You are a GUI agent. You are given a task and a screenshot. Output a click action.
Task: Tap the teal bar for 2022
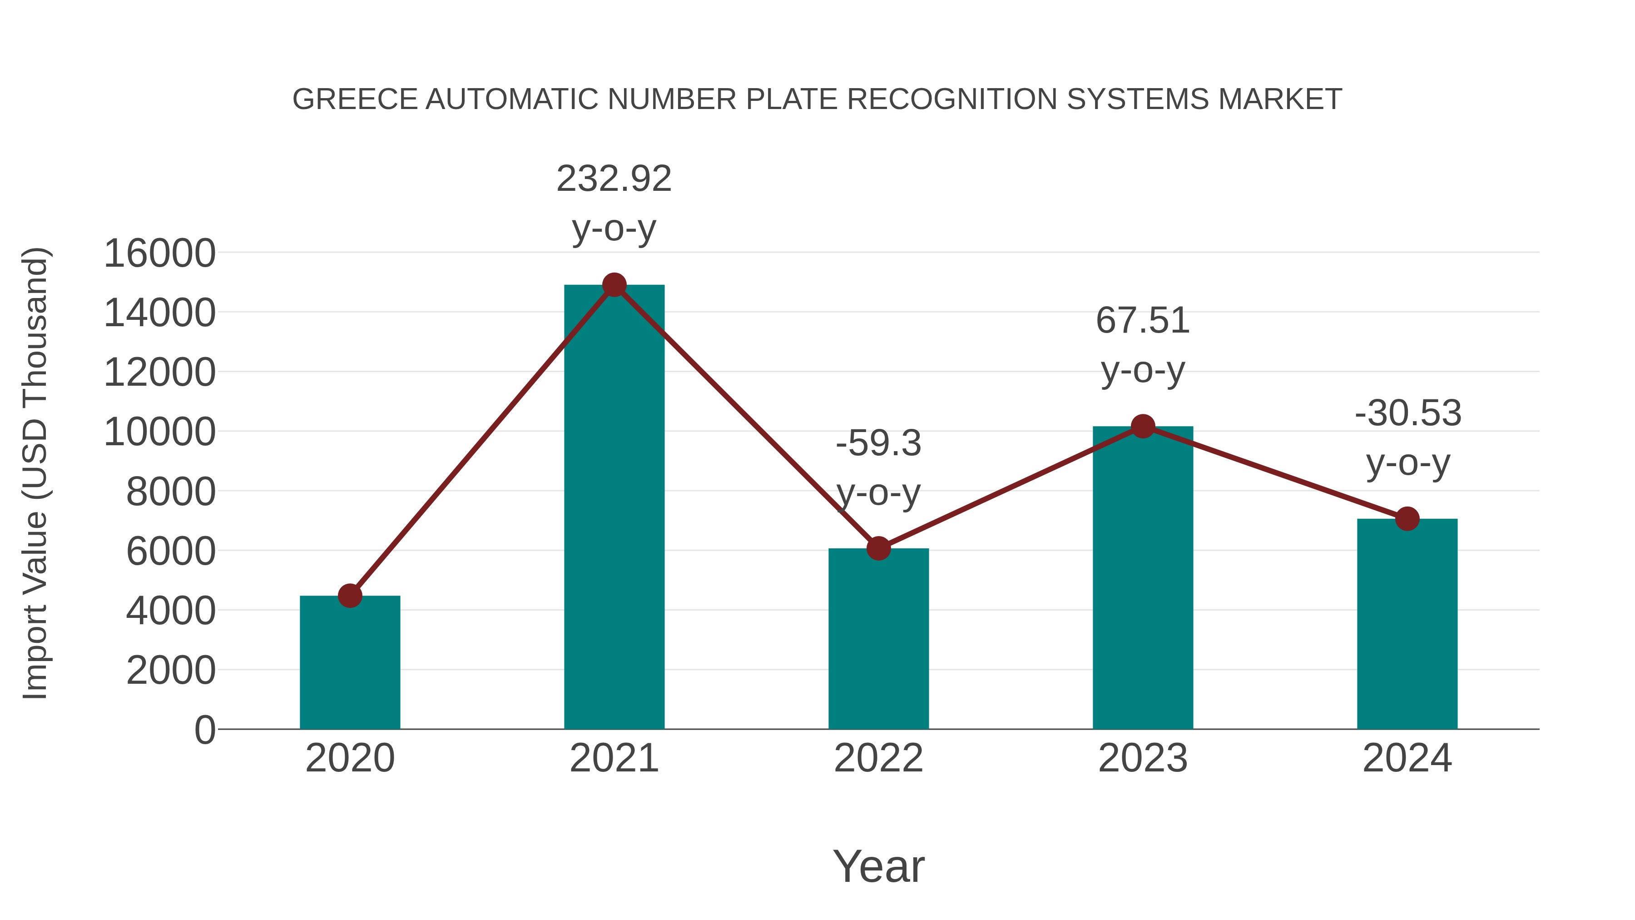coord(878,638)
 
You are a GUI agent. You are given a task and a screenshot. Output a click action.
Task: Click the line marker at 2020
coord(350,596)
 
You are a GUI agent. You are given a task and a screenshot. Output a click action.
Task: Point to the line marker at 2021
coord(614,285)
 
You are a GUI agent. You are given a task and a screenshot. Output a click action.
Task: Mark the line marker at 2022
coord(878,548)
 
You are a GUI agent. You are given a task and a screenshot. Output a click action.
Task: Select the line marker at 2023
coord(1143,426)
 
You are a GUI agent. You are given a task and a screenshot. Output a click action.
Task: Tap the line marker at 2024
coord(1407,519)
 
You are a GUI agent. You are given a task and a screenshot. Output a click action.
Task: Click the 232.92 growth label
coord(614,179)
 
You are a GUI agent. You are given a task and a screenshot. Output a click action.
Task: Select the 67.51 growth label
coord(1143,321)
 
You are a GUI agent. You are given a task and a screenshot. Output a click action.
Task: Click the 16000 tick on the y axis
coord(159,254)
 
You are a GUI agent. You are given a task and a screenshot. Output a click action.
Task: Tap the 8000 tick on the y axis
coord(171,492)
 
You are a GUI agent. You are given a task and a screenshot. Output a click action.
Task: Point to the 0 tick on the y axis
coord(205,730)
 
